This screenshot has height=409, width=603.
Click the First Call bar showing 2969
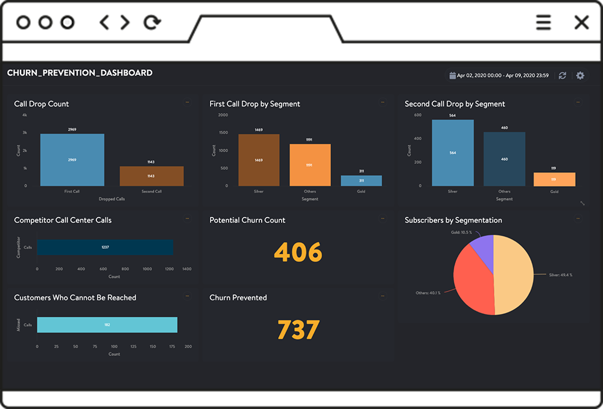(72, 160)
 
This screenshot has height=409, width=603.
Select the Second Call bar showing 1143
(151, 176)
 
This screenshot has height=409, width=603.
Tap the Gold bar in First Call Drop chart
(361, 181)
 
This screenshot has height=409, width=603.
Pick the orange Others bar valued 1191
(310, 164)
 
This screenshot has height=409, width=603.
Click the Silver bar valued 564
(453, 152)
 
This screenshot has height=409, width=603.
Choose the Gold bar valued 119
(554, 180)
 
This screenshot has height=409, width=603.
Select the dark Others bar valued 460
(504, 159)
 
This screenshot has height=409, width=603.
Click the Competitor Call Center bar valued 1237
(105, 248)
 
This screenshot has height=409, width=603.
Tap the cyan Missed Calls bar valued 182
(107, 325)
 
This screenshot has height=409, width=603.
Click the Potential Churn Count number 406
(298, 252)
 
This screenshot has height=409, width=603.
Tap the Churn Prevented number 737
(298, 330)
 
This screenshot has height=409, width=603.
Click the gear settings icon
(580, 75)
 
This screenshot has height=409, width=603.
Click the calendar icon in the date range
(452, 75)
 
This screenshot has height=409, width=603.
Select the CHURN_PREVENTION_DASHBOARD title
(80, 73)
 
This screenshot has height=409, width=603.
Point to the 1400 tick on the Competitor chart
(186, 269)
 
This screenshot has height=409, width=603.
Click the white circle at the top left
(68, 22)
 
